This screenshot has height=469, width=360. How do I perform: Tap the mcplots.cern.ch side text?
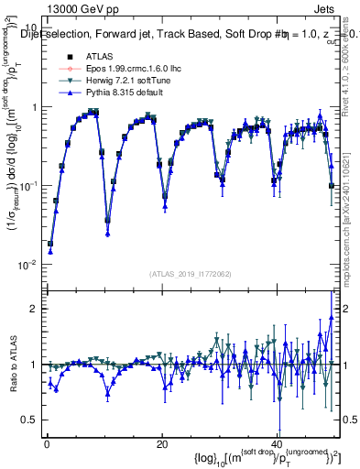(350, 220)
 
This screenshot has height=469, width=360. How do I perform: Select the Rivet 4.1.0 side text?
(350, 64)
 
